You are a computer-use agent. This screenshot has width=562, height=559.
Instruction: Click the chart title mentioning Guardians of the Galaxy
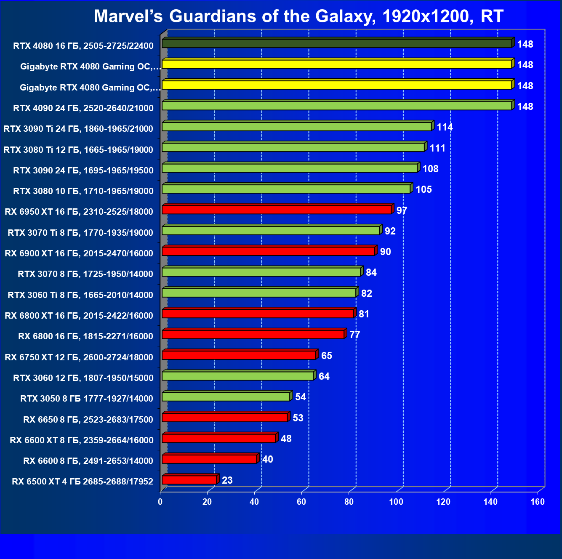pyautogui.click(x=298, y=16)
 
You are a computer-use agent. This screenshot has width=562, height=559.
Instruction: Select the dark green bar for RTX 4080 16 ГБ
pyautogui.click(x=337, y=43)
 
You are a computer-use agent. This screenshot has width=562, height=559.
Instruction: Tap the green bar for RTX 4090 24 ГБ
pyautogui.click(x=337, y=106)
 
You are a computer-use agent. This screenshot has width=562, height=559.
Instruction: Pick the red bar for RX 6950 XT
pyautogui.click(x=277, y=210)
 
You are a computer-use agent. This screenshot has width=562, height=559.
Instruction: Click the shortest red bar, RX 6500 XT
pyautogui.click(x=189, y=480)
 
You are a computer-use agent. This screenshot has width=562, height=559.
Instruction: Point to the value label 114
pyautogui.click(x=445, y=127)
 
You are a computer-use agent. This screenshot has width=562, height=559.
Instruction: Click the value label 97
pyautogui.click(x=402, y=210)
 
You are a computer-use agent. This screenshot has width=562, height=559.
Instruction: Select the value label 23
pyautogui.click(x=227, y=480)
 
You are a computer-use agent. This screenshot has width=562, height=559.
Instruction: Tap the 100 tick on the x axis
pyautogui.click(x=396, y=502)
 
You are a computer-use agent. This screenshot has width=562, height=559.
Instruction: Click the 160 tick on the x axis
pyautogui.click(x=537, y=502)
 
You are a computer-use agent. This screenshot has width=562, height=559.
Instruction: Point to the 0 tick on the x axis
pyautogui.click(x=160, y=502)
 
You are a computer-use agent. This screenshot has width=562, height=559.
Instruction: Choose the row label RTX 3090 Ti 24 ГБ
pyautogui.click(x=78, y=129)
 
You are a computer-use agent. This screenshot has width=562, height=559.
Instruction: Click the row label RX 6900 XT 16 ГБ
pyautogui.click(x=79, y=253)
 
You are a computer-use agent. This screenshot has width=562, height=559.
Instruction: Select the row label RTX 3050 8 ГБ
pyautogui.click(x=87, y=399)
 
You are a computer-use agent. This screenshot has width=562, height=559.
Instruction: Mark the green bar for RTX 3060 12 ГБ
pyautogui.click(x=238, y=376)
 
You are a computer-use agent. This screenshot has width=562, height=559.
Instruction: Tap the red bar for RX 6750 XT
pyautogui.click(x=239, y=355)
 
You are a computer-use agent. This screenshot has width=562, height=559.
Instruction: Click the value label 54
pyautogui.click(x=300, y=397)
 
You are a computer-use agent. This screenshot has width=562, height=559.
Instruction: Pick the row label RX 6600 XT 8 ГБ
pyautogui.click(x=82, y=440)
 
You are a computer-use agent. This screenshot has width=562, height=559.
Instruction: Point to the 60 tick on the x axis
pyautogui.click(x=301, y=502)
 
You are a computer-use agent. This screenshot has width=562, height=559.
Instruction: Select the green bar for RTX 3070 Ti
pyautogui.click(x=271, y=231)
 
